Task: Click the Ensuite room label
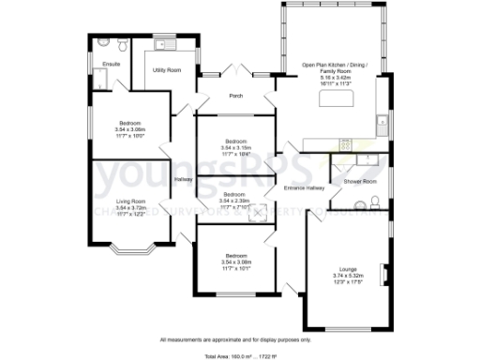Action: pyautogui.click(x=111, y=64)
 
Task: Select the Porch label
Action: pyautogui.click(x=236, y=96)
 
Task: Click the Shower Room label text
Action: pyautogui.click(x=359, y=181)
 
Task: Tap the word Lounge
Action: pyautogui.click(x=346, y=269)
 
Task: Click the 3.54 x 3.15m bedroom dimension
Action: pyautogui.click(x=234, y=146)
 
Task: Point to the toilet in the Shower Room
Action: pyautogui.click(x=373, y=202)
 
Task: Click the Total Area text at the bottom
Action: pyautogui.click(x=240, y=354)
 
